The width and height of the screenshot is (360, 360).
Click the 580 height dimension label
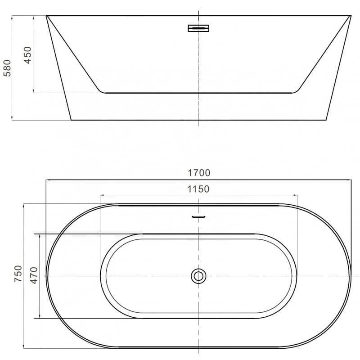(7, 68)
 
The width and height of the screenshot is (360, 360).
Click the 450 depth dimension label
(27, 55)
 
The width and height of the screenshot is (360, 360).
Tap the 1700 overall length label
(199, 173)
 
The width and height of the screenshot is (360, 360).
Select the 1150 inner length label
(198, 189)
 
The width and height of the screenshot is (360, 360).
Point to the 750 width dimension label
(18, 274)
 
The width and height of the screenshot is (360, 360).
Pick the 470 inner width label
(34, 275)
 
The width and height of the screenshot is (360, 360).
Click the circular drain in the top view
(198, 276)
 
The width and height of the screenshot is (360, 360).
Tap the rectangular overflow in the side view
(198, 28)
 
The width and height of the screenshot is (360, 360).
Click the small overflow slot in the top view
(198, 216)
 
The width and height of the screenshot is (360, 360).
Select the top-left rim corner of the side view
(46, 16)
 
